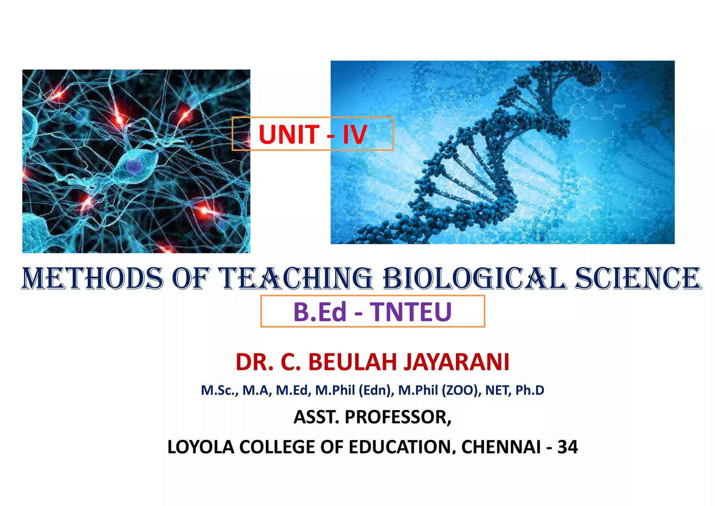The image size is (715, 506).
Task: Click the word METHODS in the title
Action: point(93,279)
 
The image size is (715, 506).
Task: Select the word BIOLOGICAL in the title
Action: point(475,279)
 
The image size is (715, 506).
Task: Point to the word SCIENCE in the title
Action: point(638,279)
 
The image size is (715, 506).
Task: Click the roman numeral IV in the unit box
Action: point(354,135)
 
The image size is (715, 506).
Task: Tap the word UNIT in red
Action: point(289,135)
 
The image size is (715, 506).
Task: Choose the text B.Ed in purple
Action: point(320,312)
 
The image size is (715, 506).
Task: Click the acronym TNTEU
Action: point(411,312)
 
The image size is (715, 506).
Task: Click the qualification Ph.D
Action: point(530,390)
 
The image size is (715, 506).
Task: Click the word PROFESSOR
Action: point(398,417)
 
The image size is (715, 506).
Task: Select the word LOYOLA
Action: point(201,447)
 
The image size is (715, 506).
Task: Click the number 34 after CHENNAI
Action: point(568,447)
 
